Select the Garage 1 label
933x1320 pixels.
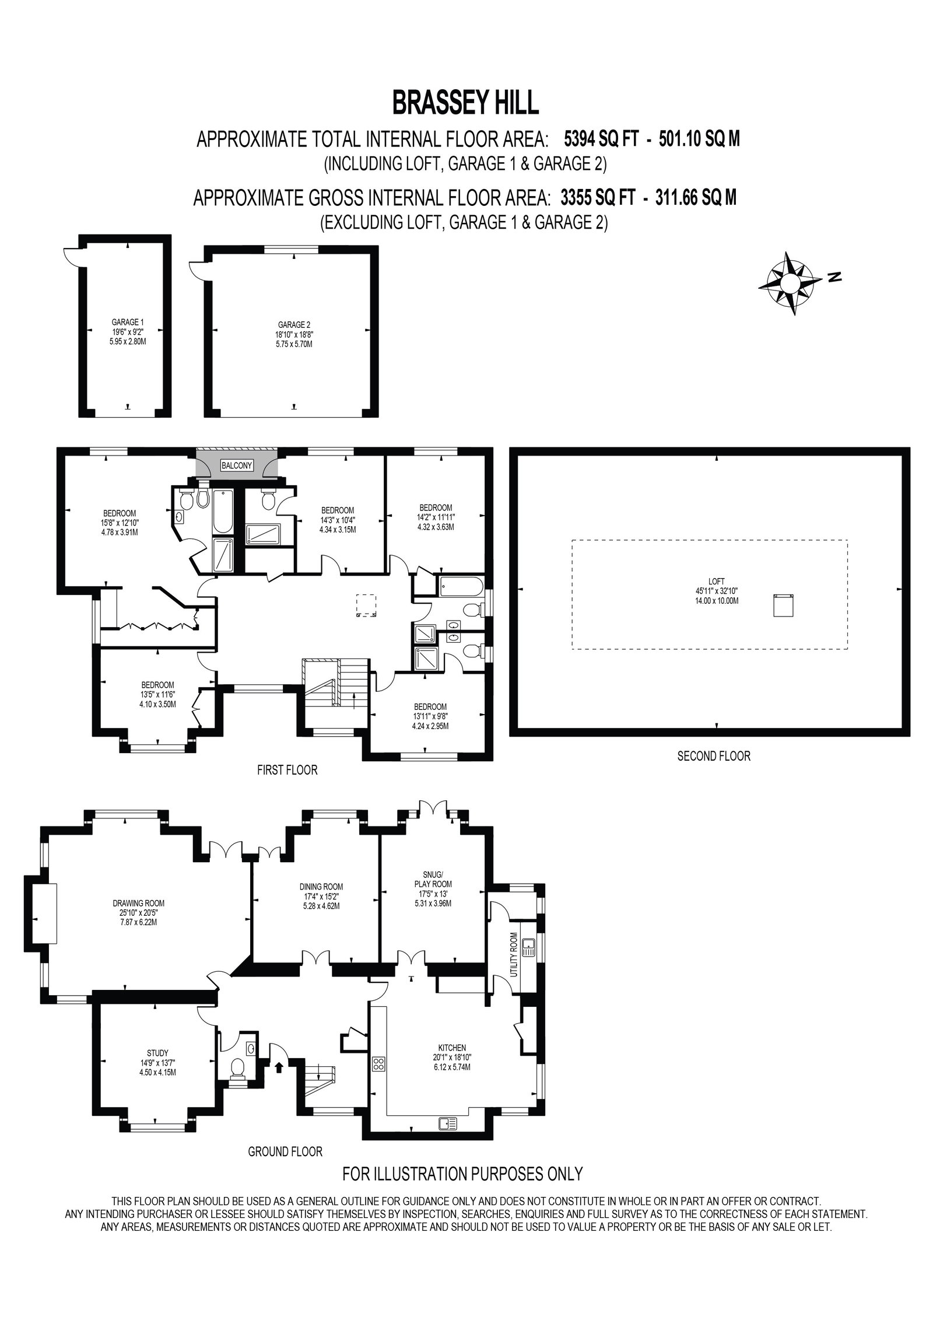click(x=128, y=332)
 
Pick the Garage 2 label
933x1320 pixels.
click(x=294, y=334)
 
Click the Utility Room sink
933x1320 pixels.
click(x=529, y=947)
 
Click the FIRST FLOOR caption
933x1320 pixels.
click(x=287, y=770)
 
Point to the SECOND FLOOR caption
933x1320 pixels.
click(x=714, y=756)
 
